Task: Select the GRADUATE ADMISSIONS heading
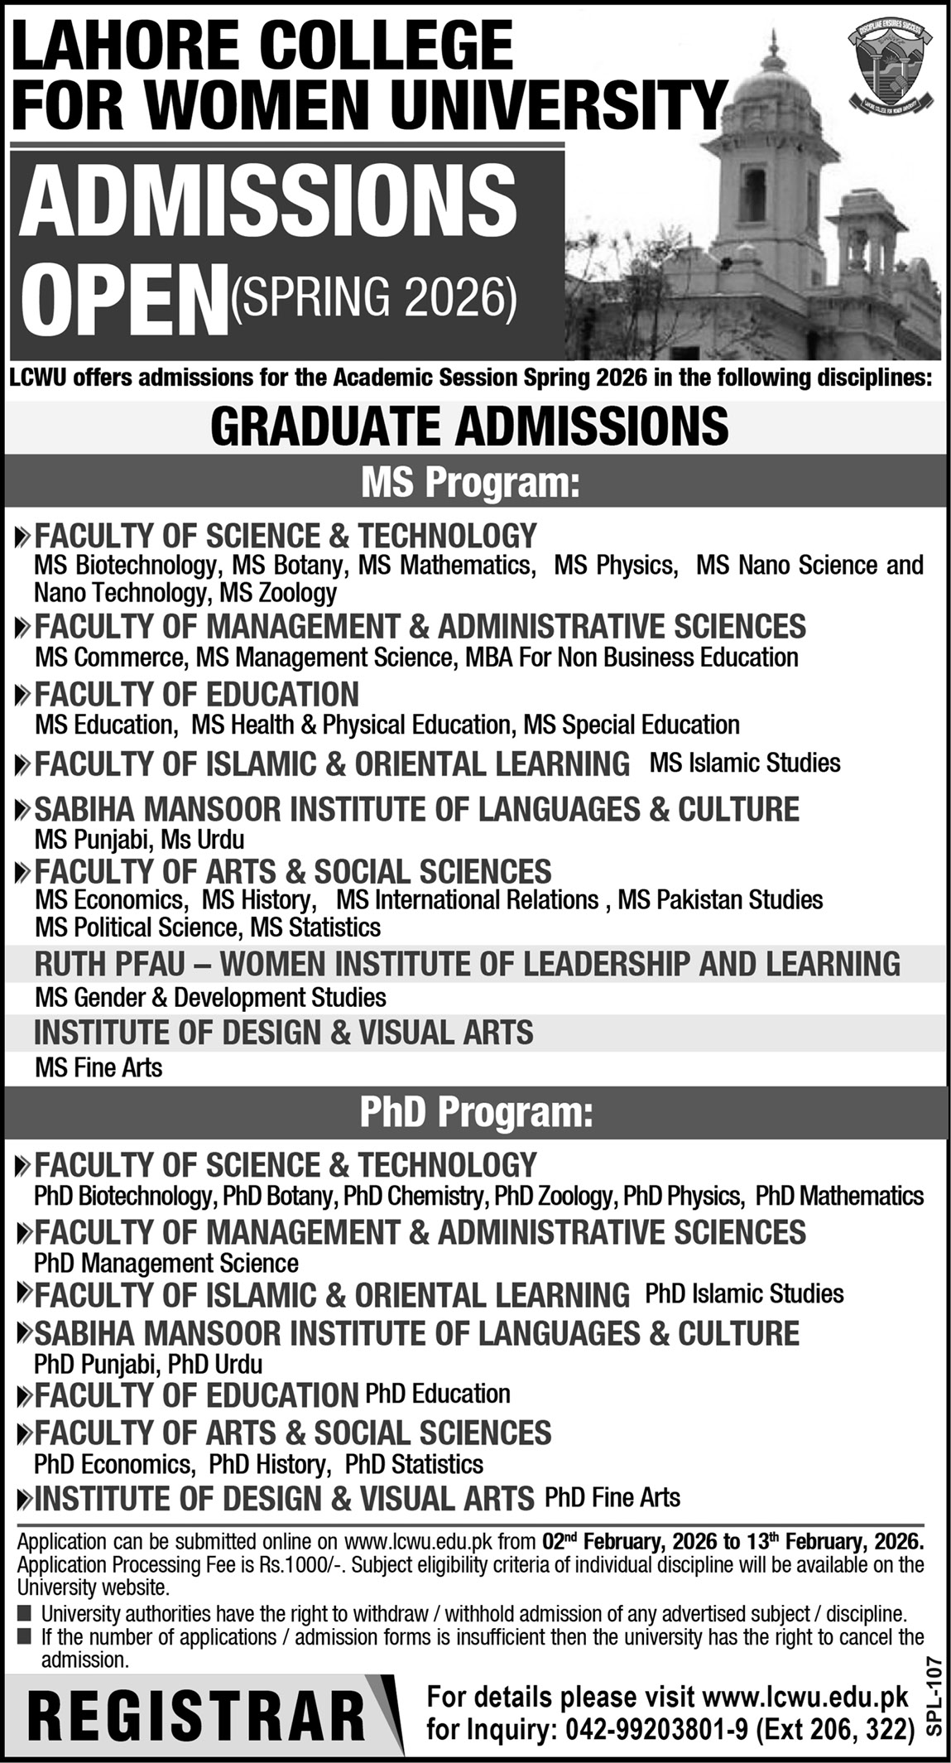469,426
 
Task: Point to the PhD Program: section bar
476,1113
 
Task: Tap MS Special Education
632,725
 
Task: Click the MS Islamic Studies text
745,763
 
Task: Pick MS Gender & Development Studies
210,997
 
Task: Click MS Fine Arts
98,1067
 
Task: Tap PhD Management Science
166,1263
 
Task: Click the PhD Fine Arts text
612,1497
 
